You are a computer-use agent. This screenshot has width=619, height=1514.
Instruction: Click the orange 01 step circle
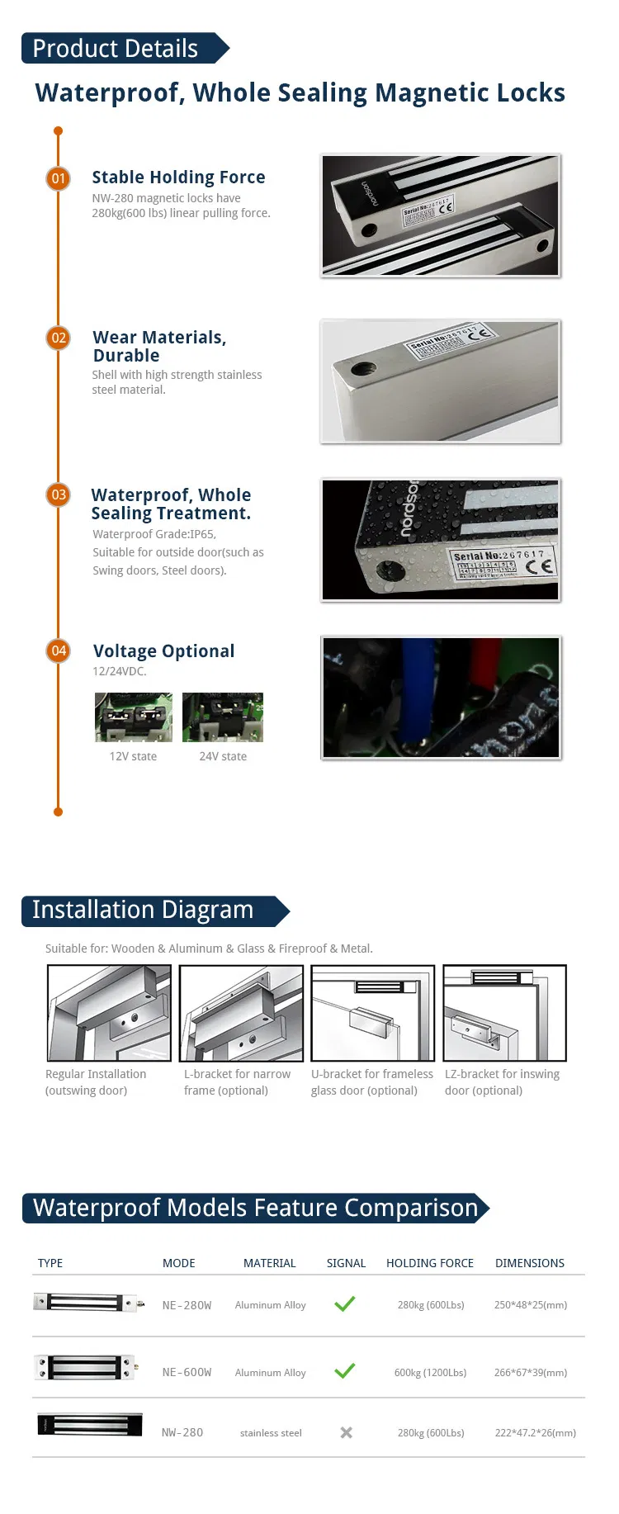(x=59, y=178)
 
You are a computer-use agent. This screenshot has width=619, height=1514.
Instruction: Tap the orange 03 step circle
(x=59, y=494)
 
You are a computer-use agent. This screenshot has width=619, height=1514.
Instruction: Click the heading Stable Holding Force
(x=178, y=177)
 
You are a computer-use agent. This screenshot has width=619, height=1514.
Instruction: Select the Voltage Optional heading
(x=163, y=651)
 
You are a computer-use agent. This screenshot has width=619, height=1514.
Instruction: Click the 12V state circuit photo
(x=134, y=717)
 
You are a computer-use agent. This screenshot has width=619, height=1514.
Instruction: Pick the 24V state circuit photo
(x=223, y=717)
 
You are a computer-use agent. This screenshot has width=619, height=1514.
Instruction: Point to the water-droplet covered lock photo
(x=441, y=540)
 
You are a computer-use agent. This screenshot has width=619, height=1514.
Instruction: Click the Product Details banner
(x=120, y=49)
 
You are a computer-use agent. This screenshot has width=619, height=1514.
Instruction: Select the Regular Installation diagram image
(x=109, y=1013)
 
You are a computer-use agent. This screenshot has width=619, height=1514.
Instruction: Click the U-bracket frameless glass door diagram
(x=372, y=1013)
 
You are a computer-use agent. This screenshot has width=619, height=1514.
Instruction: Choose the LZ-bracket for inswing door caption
(x=502, y=1082)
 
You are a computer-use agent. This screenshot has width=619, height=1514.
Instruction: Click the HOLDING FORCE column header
(x=430, y=1263)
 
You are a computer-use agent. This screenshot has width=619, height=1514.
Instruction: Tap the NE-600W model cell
(x=187, y=1372)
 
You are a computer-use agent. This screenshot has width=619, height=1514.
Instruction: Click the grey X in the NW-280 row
(x=347, y=1432)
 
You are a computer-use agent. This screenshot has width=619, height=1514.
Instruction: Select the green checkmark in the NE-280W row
(x=345, y=1304)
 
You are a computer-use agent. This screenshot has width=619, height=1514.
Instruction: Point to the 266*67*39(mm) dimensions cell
(x=531, y=1372)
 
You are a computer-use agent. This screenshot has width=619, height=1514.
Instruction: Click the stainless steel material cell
(x=271, y=1433)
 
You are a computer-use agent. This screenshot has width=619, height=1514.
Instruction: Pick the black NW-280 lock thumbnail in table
(x=89, y=1425)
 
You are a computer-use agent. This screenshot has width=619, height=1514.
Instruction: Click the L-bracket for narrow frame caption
(x=237, y=1082)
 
